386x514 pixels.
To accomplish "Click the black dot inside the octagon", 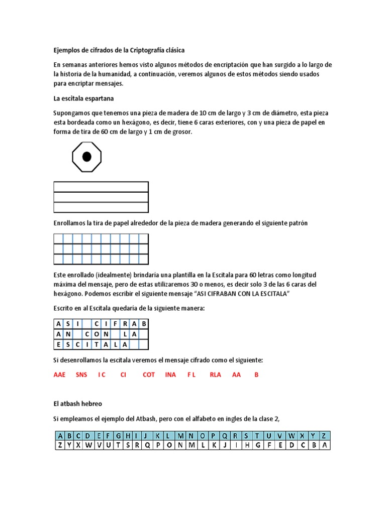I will coord(87,157).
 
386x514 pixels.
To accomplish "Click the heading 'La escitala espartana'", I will coord(83,97).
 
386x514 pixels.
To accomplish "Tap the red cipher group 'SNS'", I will coord(81,374).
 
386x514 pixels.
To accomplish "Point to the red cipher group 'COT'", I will coord(149,374).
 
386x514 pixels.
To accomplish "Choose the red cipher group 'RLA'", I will coord(215,374).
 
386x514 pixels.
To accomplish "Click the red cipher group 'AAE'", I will coord(60,374).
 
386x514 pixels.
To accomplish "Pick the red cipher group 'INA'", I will coord(170,374).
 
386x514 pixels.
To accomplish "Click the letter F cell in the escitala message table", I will coord(115,323).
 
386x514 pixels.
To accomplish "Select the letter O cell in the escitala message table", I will coord(96,334).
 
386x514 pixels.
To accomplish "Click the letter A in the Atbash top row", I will coord(60,436).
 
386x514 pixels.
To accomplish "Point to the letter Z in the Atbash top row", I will coord(325,436).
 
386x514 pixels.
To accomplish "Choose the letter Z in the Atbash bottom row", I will coord(60,445).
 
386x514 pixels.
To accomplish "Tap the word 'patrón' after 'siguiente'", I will coord(297,223).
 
